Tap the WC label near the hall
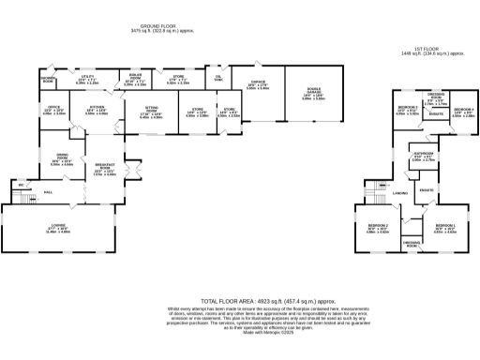tap(20, 185)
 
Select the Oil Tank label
tap(218, 79)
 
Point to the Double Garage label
tap(314, 97)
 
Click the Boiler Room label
tap(134, 82)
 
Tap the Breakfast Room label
tap(105, 171)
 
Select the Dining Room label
tap(62, 161)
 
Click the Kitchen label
tap(97, 111)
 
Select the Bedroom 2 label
tap(378, 230)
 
